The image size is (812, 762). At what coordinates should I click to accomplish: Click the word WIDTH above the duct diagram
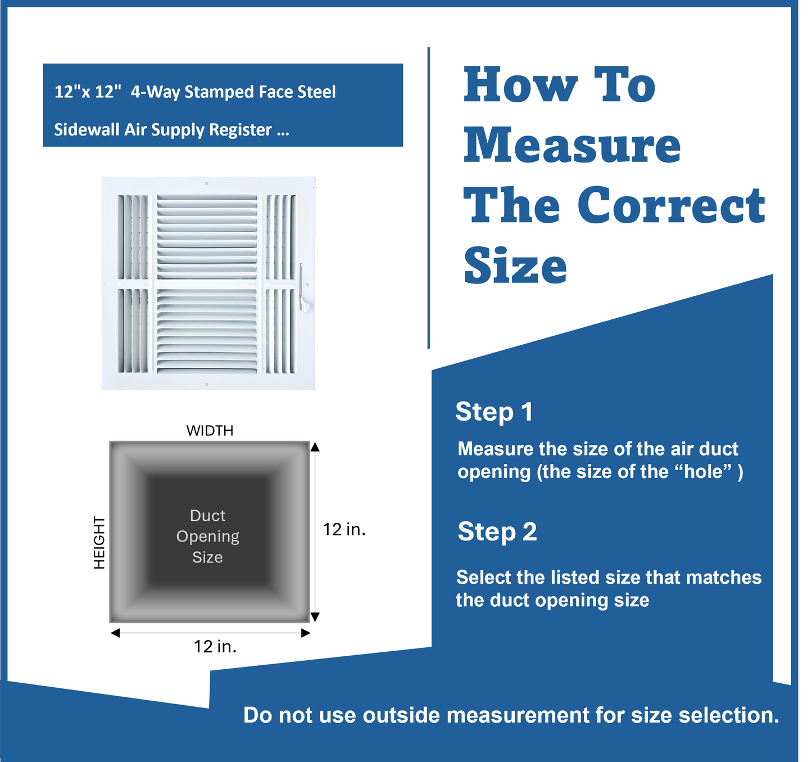[210, 430]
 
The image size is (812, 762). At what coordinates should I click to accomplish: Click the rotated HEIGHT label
[99, 543]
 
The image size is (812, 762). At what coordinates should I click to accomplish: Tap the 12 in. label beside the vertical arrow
[344, 529]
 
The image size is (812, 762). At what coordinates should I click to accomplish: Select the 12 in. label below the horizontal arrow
[215, 647]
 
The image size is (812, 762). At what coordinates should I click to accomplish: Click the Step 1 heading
[494, 412]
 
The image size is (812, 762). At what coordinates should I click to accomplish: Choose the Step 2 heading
[497, 531]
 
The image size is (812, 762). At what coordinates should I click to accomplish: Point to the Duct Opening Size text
[208, 536]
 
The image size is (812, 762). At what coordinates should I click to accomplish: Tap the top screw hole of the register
[207, 183]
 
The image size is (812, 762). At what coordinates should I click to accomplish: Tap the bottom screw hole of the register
[207, 385]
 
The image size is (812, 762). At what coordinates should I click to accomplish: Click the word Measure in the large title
[572, 145]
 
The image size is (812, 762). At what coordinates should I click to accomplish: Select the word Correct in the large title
[671, 205]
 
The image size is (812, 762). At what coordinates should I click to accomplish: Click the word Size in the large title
[515, 265]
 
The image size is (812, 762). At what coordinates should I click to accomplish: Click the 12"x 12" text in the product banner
[88, 92]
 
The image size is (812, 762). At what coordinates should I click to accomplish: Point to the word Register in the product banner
[241, 130]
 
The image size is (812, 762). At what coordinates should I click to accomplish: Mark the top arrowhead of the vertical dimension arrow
[315, 447]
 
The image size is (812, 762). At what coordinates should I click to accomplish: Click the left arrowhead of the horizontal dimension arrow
[115, 633]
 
